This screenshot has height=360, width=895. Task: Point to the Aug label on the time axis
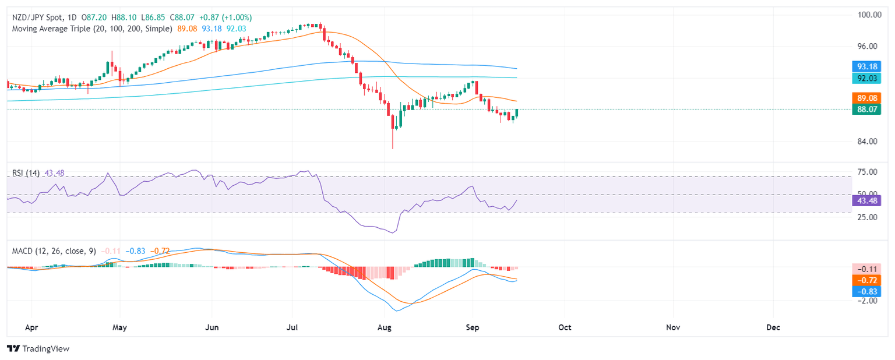pyautogui.click(x=385, y=327)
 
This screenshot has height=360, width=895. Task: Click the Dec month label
pyautogui.click(x=773, y=327)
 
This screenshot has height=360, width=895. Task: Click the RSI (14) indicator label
pyautogui.click(x=26, y=173)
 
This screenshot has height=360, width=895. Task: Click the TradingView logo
pyautogui.click(x=38, y=348)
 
